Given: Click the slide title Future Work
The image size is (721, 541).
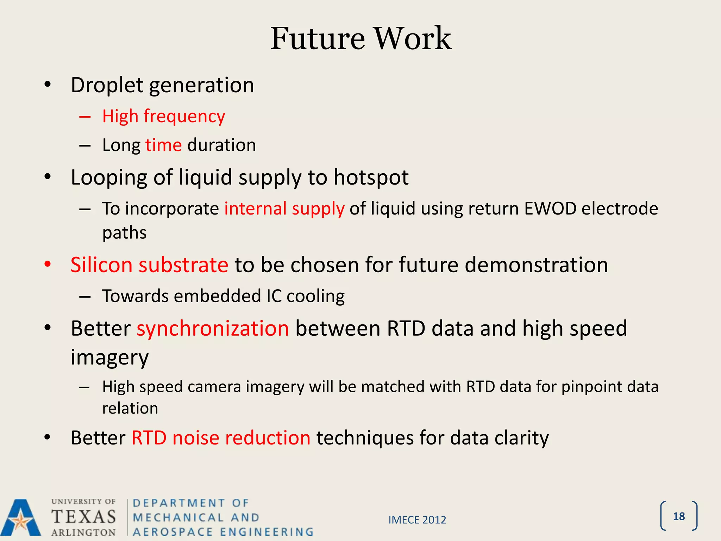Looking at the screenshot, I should [x=360, y=39].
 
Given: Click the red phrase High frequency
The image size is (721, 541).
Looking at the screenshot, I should [x=163, y=116].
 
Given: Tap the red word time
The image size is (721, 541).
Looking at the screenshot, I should [x=163, y=145].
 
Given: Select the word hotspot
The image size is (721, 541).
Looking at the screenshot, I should [x=371, y=177].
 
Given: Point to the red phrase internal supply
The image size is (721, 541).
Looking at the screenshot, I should [x=284, y=209].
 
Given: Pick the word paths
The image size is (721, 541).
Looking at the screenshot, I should [x=124, y=233].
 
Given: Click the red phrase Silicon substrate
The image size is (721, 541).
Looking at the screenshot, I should [x=149, y=265].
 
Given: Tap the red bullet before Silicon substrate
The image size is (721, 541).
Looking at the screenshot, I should [x=48, y=264].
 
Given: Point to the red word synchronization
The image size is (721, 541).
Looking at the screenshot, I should [x=213, y=328].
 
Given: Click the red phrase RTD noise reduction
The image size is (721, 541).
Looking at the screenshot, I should [x=221, y=438].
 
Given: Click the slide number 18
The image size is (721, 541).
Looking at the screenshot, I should [x=678, y=516].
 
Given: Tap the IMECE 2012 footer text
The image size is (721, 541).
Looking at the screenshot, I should [x=417, y=520].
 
